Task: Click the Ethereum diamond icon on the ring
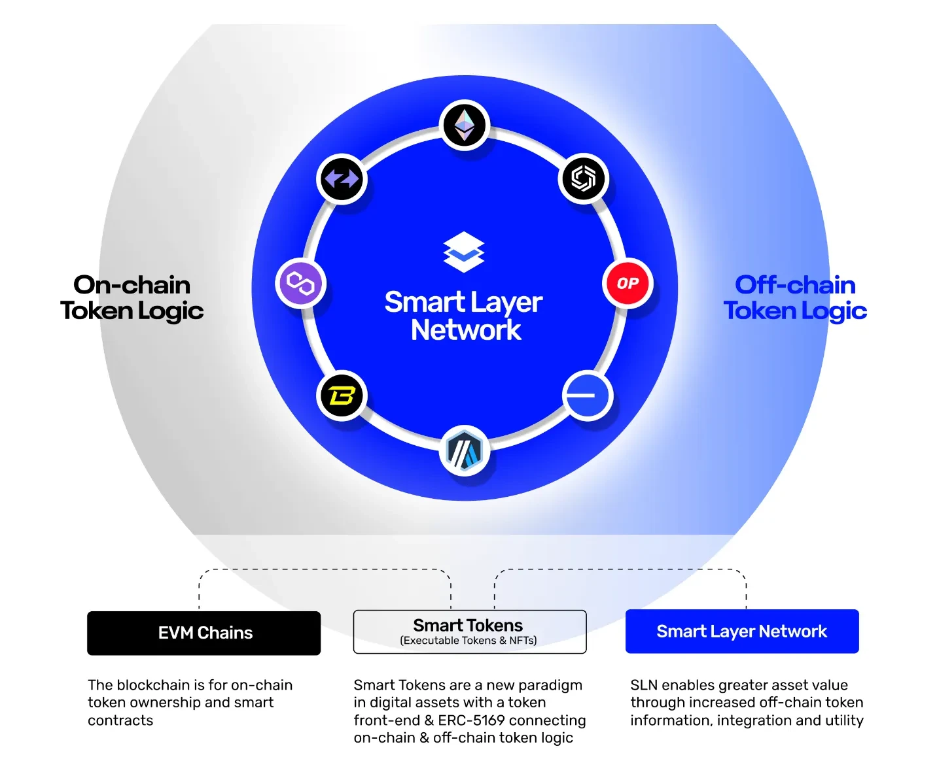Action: pyautogui.click(x=465, y=126)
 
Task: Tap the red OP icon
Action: pyautogui.click(x=628, y=283)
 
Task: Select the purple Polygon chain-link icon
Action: pyautogui.click(x=301, y=283)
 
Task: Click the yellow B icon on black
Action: pyautogui.click(x=342, y=395)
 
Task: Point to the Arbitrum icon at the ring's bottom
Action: pyautogui.click(x=465, y=451)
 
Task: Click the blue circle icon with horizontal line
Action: pyautogui.click(x=587, y=395)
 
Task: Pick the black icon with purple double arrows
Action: pyautogui.click(x=342, y=178)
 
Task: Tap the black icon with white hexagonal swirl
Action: pyautogui.click(x=584, y=178)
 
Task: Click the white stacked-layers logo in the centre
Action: pyautogui.click(x=464, y=252)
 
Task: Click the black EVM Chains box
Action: pyautogui.click(x=204, y=633)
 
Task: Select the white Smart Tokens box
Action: pyautogui.click(x=469, y=631)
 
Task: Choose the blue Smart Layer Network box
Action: pyautogui.click(x=741, y=631)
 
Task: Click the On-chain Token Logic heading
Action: pyautogui.click(x=132, y=298)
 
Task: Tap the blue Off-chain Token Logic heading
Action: pyautogui.click(x=795, y=298)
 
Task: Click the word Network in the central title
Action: pyautogui.click(x=466, y=330)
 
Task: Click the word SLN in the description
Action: pyautogui.click(x=643, y=685)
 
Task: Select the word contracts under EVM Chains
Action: pyautogui.click(x=120, y=720)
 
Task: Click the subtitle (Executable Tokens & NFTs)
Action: pyautogui.click(x=468, y=641)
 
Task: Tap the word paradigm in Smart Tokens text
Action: pyautogui.click(x=550, y=685)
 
